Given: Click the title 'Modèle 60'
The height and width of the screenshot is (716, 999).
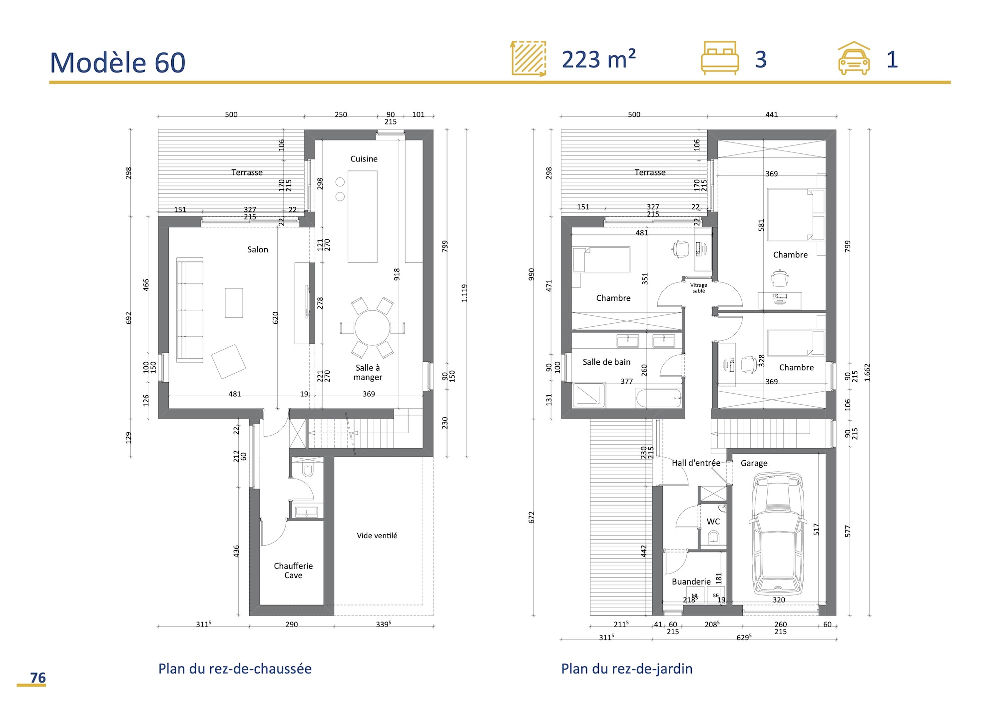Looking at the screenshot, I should pyautogui.click(x=118, y=63).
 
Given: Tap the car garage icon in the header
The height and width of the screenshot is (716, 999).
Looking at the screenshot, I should pyautogui.click(x=854, y=58).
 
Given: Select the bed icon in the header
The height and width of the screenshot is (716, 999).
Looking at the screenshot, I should pyautogui.click(x=719, y=58).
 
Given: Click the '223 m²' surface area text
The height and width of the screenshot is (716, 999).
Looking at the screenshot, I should pyautogui.click(x=598, y=59).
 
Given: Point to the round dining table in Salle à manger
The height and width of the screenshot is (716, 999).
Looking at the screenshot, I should pyautogui.click(x=372, y=328).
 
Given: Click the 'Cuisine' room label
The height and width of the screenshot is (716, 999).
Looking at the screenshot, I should pyautogui.click(x=364, y=159).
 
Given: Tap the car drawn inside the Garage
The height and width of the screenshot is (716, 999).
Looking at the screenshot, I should pyautogui.click(x=778, y=535).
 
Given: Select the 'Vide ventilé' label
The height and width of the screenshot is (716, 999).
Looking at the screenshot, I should pyautogui.click(x=377, y=536).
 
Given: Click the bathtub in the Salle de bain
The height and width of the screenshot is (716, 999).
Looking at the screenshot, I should pyautogui.click(x=658, y=398).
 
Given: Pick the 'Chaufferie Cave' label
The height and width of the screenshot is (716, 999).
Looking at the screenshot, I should pyautogui.click(x=293, y=571).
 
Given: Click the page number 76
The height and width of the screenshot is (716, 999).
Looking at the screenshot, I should pyautogui.click(x=37, y=678).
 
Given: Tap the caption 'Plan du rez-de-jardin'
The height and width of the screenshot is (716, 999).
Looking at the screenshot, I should pyautogui.click(x=626, y=669).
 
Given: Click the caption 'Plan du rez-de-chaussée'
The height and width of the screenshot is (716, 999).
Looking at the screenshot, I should pyautogui.click(x=235, y=669).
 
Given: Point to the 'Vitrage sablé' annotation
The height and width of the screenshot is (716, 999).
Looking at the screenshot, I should pyautogui.click(x=698, y=288).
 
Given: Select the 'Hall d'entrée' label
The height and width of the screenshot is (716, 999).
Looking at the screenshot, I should pyautogui.click(x=695, y=463).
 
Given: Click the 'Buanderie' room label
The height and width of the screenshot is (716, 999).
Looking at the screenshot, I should pyautogui.click(x=691, y=582).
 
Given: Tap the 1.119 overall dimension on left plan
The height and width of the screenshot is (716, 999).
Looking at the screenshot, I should pyautogui.click(x=464, y=293).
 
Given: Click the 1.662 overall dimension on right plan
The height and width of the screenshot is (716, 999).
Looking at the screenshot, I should pyautogui.click(x=867, y=373).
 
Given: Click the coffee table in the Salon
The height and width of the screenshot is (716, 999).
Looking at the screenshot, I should pyautogui.click(x=234, y=303).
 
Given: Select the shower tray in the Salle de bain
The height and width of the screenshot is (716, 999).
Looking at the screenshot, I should pyautogui.click(x=588, y=395).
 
